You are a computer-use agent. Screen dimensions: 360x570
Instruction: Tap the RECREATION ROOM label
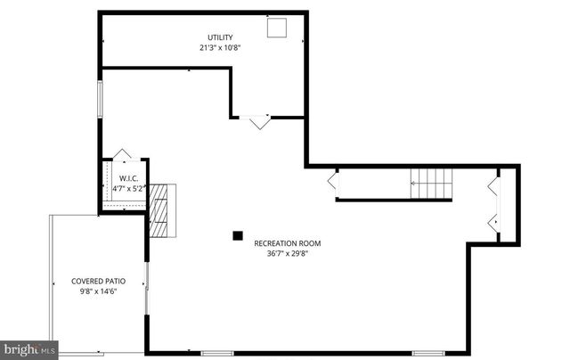pos(287,243)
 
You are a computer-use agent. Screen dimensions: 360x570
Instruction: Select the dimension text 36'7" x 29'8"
pos(287,253)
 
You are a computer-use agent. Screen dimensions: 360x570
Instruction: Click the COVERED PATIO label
pos(96,281)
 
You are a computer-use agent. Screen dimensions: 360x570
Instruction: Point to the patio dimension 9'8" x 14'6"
pos(96,291)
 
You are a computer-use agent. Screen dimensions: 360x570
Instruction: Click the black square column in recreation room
pos(238,236)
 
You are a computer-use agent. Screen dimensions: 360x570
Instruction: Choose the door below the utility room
pos(260,122)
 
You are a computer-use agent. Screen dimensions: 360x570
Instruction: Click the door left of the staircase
pos(332,183)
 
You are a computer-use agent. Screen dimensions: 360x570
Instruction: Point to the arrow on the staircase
pos(414,184)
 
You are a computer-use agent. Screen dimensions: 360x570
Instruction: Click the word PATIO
pos(111,281)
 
